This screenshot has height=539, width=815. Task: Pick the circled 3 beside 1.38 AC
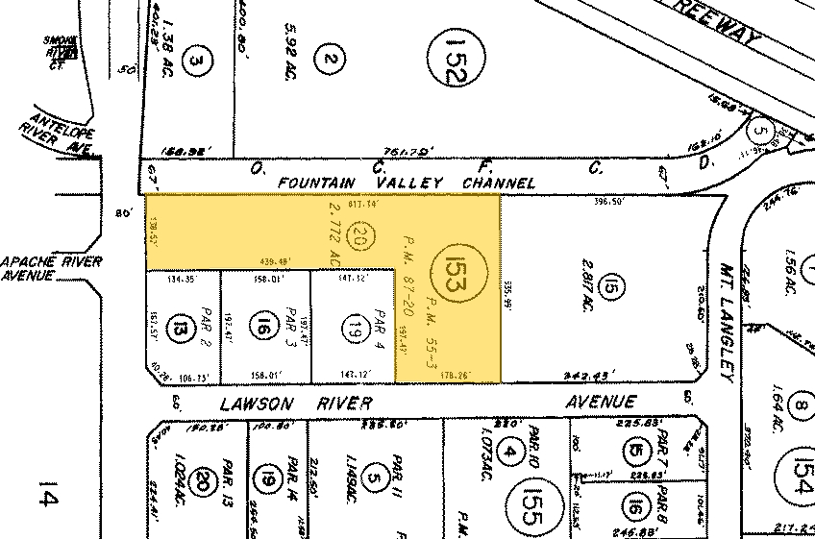pos(197,63)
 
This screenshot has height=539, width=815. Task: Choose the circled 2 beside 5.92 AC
pos(330,61)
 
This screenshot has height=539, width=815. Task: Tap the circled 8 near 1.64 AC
pos(799,408)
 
